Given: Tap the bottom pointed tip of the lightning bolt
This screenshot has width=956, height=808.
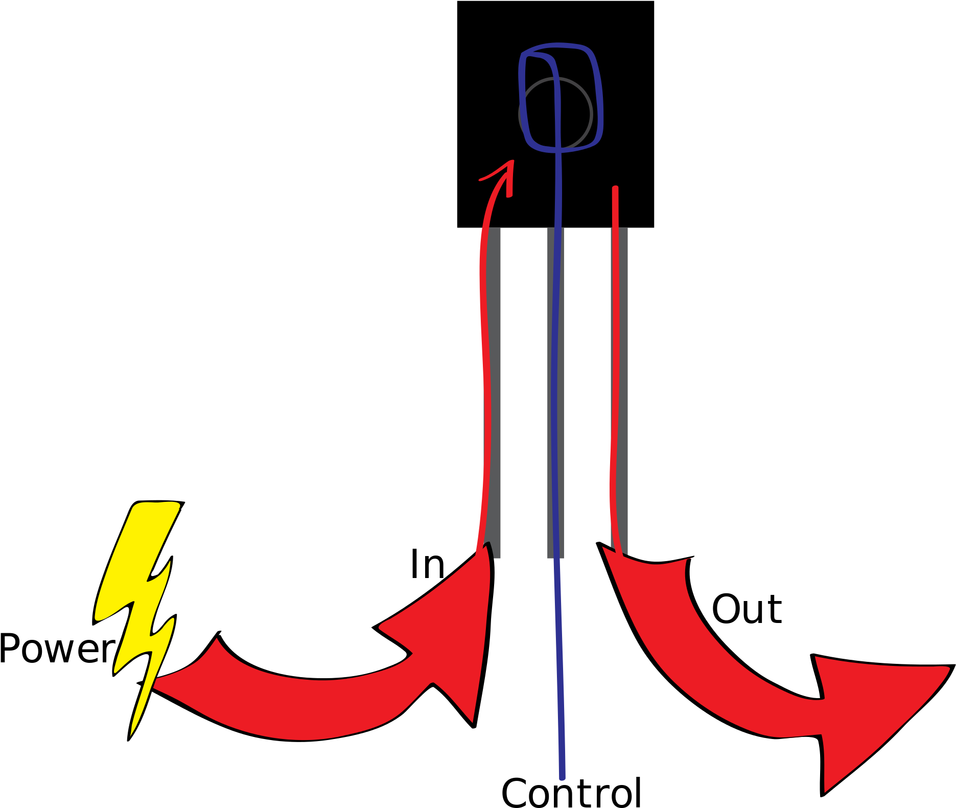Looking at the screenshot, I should pos(131,735).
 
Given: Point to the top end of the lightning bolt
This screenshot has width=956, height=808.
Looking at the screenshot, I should pos(156,505).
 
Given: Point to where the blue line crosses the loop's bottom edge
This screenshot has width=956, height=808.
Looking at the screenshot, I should pos(558,150).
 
